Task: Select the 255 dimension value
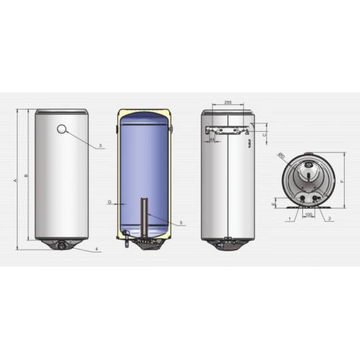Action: (x=228, y=103)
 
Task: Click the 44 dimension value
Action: (x=212, y=139)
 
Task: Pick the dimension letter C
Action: (x=265, y=135)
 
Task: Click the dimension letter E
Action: (x=274, y=204)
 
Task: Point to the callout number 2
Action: (x=329, y=217)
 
